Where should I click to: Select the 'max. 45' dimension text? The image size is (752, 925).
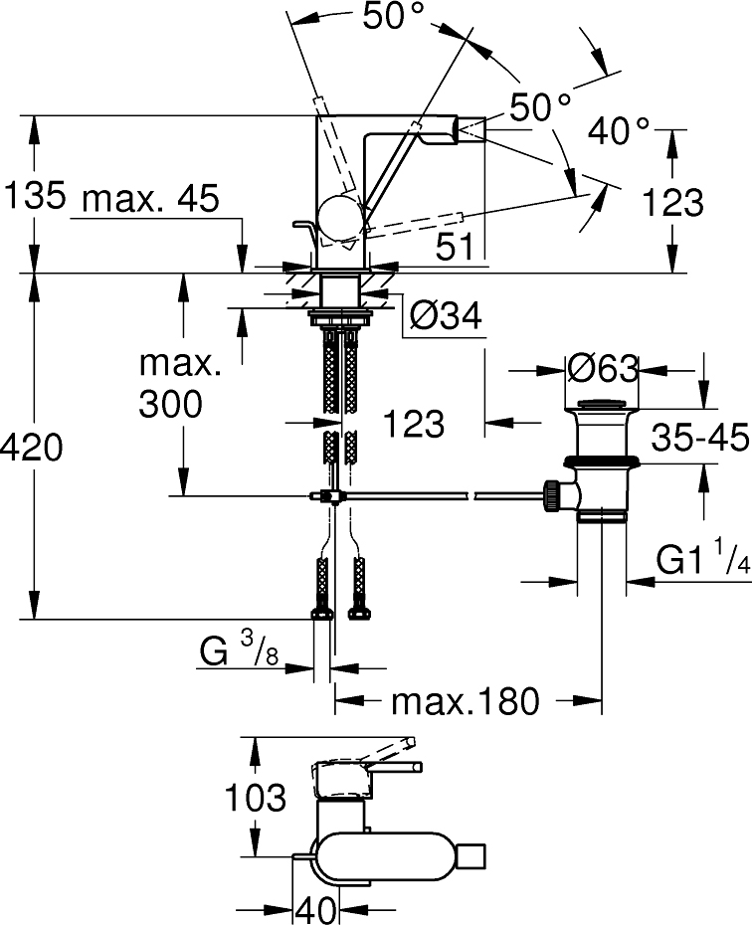click(149, 198)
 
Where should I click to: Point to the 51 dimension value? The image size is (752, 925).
click(455, 248)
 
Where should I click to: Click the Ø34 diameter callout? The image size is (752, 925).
click(445, 316)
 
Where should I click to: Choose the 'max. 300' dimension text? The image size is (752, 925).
click(180, 384)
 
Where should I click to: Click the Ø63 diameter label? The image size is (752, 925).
click(601, 370)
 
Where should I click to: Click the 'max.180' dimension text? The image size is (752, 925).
click(465, 701)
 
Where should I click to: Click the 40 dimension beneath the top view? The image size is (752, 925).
click(316, 907)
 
